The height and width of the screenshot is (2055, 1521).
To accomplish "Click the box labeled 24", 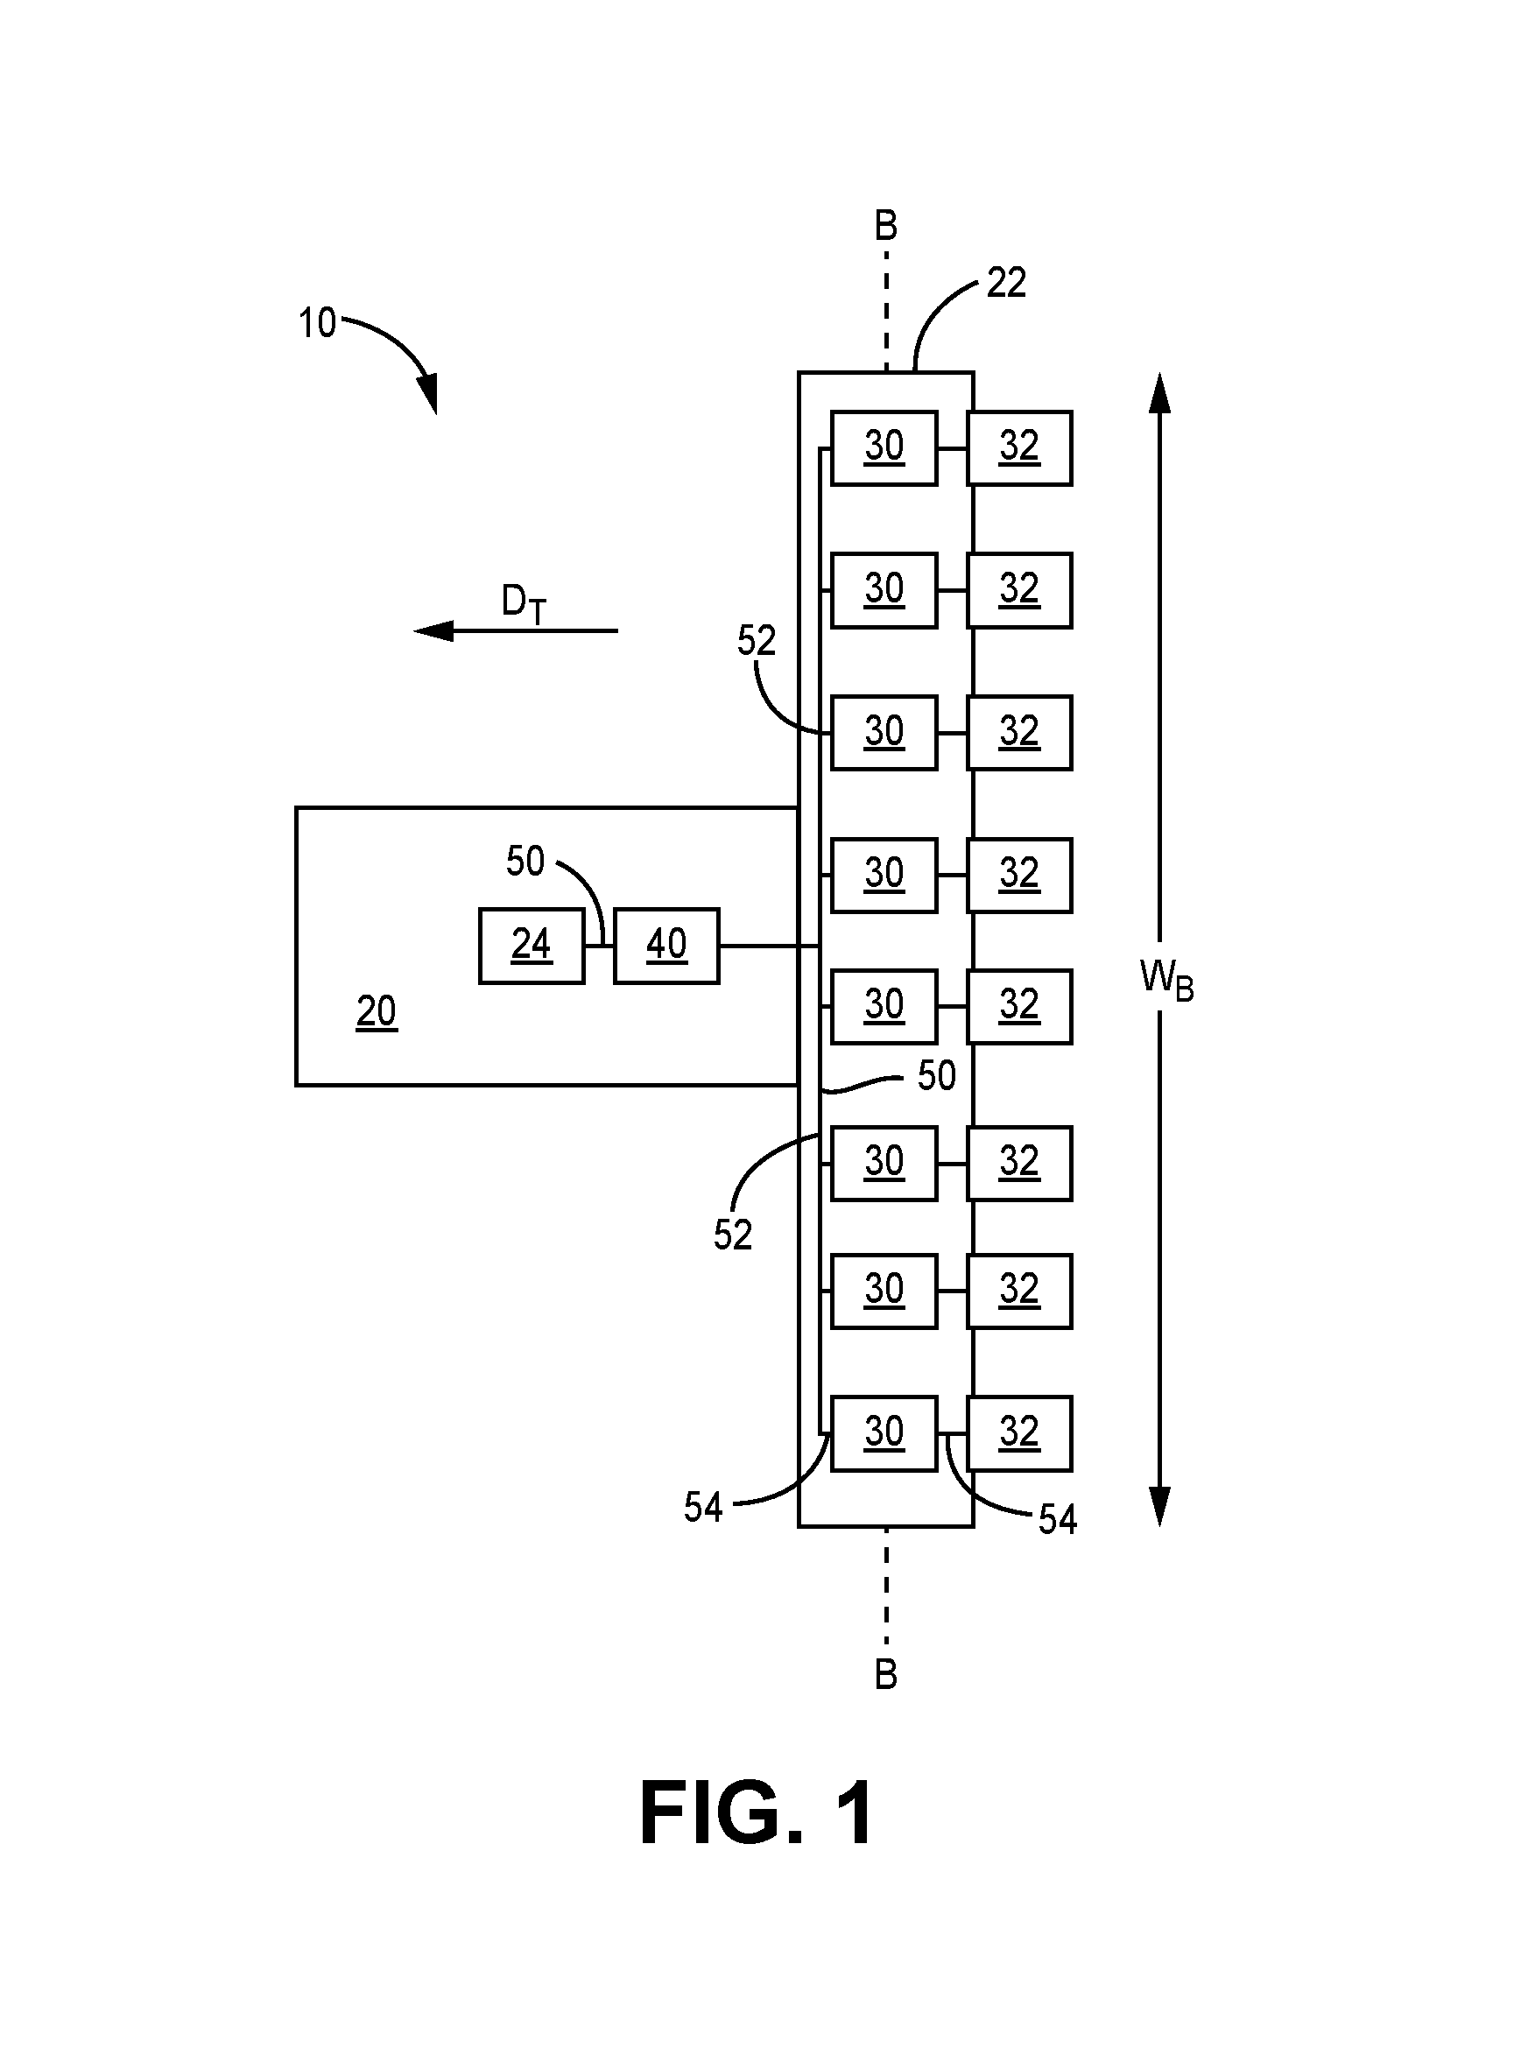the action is (532, 946).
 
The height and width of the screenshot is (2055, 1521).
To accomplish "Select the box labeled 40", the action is (666, 946).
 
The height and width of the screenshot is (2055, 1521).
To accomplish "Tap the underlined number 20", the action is (377, 1012).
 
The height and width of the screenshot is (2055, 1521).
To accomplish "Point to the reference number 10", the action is (318, 323).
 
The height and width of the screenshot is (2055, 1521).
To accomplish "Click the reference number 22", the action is (1006, 283).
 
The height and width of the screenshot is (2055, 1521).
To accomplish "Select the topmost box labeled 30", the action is (884, 447).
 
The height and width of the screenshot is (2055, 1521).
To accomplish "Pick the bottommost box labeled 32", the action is (1019, 1432).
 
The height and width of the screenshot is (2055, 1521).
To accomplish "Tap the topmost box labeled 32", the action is (1019, 447).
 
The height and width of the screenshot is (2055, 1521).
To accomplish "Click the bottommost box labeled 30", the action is (884, 1432).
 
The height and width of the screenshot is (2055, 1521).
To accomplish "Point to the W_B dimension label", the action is (1166, 979).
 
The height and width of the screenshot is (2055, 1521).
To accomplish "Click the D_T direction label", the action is (524, 604).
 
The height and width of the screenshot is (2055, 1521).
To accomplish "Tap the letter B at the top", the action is (885, 226).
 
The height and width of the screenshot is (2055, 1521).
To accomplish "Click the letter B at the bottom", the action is (885, 1675).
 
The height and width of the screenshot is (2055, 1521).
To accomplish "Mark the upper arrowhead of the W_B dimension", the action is (1160, 393).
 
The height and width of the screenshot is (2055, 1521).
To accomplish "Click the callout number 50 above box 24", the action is (525, 862).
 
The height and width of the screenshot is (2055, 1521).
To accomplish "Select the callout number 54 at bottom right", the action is (1058, 1520).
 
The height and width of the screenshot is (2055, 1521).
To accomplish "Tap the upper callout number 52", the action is (757, 641).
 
